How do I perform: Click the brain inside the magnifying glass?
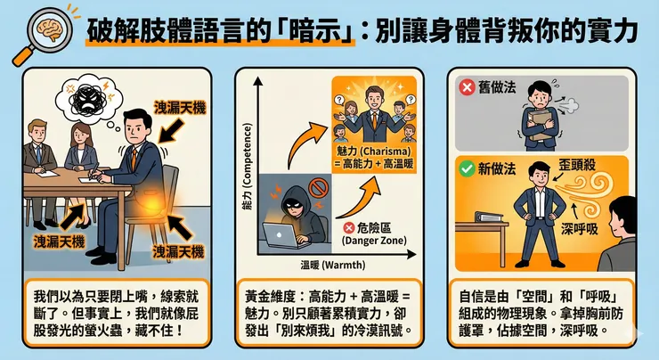(50, 30)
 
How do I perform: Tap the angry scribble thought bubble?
(89, 98)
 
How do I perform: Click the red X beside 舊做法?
(467, 87)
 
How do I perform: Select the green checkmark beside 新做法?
(467, 169)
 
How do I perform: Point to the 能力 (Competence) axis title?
(248, 167)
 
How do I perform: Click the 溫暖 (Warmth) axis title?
(333, 266)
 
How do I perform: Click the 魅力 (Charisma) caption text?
(374, 157)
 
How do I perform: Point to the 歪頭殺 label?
(577, 165)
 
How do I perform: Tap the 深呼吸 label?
(579, 229)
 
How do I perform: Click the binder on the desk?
(489, 217)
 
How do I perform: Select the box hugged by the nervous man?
(540, 125)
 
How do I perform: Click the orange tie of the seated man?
(134, 159)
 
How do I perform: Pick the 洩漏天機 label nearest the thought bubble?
(180, 108)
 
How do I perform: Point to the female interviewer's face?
(80, 135)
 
